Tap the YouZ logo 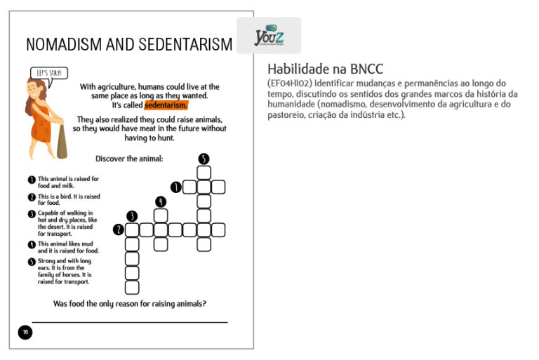point(269,35)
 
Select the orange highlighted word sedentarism point(166,105)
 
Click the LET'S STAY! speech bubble point(50,72)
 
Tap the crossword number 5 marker point(204,159)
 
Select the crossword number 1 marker point(175,187)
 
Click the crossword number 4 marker point(161,201)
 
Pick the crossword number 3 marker point(132,215)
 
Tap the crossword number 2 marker point(119,229)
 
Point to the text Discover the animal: point(129,159)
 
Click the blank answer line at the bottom point(130,322)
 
